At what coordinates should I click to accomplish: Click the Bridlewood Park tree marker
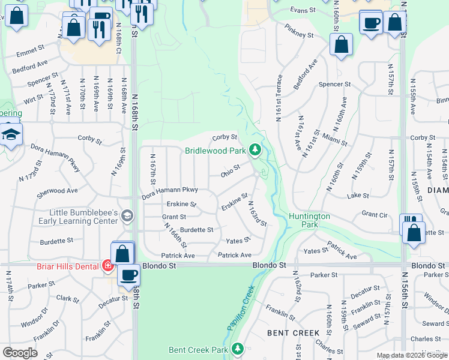click(x=256, y=149)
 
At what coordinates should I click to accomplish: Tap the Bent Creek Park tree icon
click(x=238, y=348)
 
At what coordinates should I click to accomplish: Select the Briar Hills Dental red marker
click(x=108, y=266)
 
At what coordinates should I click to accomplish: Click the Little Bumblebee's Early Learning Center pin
click(x=126, y=215)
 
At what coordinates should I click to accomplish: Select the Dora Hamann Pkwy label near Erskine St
click(x=170, y=193)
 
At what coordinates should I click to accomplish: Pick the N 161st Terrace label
click(x=279, y=98)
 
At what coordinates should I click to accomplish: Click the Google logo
click(x=20, y=353)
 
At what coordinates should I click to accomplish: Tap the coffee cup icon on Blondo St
click(x=129, y=275)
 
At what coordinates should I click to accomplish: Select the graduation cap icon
click(x=10, y=134)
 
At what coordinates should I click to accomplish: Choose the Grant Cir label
click(x=375, y=214)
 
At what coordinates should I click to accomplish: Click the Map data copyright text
click(x=412, y=355)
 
